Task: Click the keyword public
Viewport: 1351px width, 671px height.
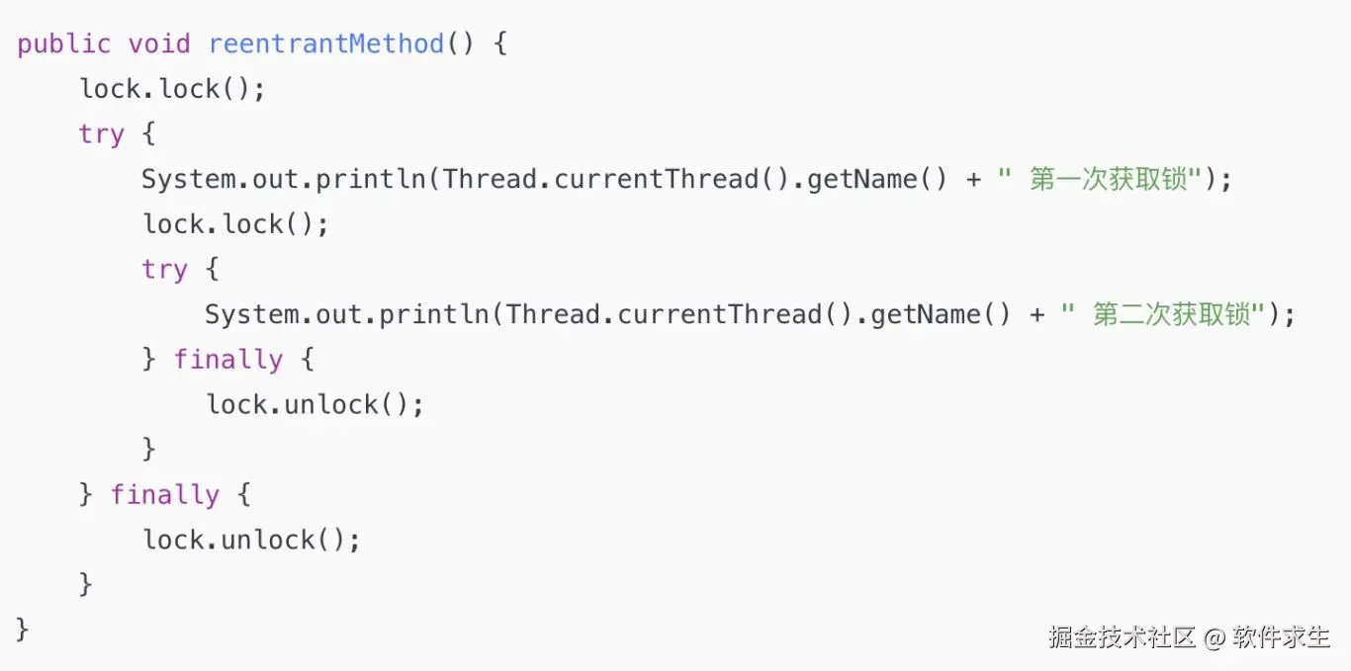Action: tap(63, 44)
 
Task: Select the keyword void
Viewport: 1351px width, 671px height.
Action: tap(158, 44)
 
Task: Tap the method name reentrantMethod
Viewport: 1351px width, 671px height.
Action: tap(325, 44)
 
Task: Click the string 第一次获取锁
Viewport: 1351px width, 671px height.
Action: tap(1107, 180)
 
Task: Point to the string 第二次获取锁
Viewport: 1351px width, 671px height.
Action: tap(1170, 315)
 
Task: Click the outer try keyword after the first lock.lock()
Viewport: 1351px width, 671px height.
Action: tap(102, 134)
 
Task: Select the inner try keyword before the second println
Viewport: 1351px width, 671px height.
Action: tap(164, 270)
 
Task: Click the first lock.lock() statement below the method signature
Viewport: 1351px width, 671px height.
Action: tap(172, 89)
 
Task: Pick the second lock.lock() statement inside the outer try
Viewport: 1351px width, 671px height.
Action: tap(235, 224)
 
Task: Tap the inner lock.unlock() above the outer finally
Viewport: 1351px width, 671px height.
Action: tap(315, 405)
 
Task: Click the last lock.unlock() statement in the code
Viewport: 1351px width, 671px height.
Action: tap(251, 540)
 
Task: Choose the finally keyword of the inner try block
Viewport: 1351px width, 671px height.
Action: tap(227, 360)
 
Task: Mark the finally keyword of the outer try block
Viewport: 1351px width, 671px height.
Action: tap(164, 494)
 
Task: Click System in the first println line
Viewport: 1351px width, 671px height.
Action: tap(188, 180)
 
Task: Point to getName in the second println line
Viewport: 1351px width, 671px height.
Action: tap(926, 315)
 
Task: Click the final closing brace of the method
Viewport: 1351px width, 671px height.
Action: tap(23, 629)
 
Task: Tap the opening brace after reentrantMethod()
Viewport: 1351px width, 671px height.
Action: tap(498, 44)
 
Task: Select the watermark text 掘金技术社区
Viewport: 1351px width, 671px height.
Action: tap(1123, 637)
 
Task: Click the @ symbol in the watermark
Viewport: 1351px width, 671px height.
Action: tap(1215, 637)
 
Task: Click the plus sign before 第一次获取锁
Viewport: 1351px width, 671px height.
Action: tap(973, 180)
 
